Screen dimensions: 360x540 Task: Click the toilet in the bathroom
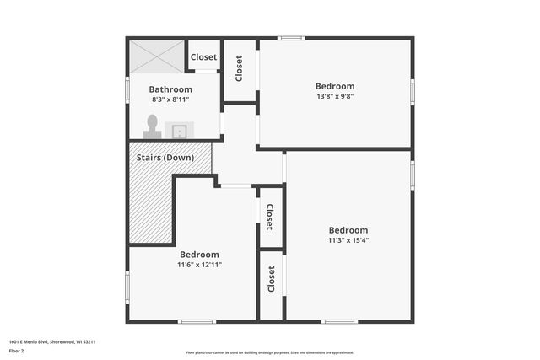(x=153, y=126)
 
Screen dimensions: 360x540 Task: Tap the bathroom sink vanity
(x=180, y=131)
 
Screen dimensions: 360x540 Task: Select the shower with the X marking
(x=156, y=56)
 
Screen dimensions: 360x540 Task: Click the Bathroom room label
(x=170, y=89)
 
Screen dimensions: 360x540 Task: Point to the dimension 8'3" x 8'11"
(x=170, y=99)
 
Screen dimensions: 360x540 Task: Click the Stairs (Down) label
(x=165, y=158)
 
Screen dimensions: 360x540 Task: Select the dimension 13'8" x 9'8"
(x=335, y=96)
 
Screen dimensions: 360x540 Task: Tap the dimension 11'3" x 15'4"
(x=348, y=240)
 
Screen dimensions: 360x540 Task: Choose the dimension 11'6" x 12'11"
(x=199, y=265)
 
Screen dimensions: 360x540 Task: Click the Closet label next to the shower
(x=203, y=57)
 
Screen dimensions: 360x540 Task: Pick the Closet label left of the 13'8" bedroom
(x=240, y=68)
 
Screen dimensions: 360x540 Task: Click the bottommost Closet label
(x=271, y=279)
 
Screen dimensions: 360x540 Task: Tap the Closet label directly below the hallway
(x=269, y=217)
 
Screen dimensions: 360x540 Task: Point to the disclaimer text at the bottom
(x=269, y=352)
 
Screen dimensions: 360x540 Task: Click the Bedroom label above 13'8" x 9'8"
(x=335, y=86)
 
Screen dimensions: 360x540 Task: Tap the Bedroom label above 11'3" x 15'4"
(x=348, y=230)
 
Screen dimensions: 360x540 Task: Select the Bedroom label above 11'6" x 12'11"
(x=199, y=255)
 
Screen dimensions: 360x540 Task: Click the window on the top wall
(x=291, y=37)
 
